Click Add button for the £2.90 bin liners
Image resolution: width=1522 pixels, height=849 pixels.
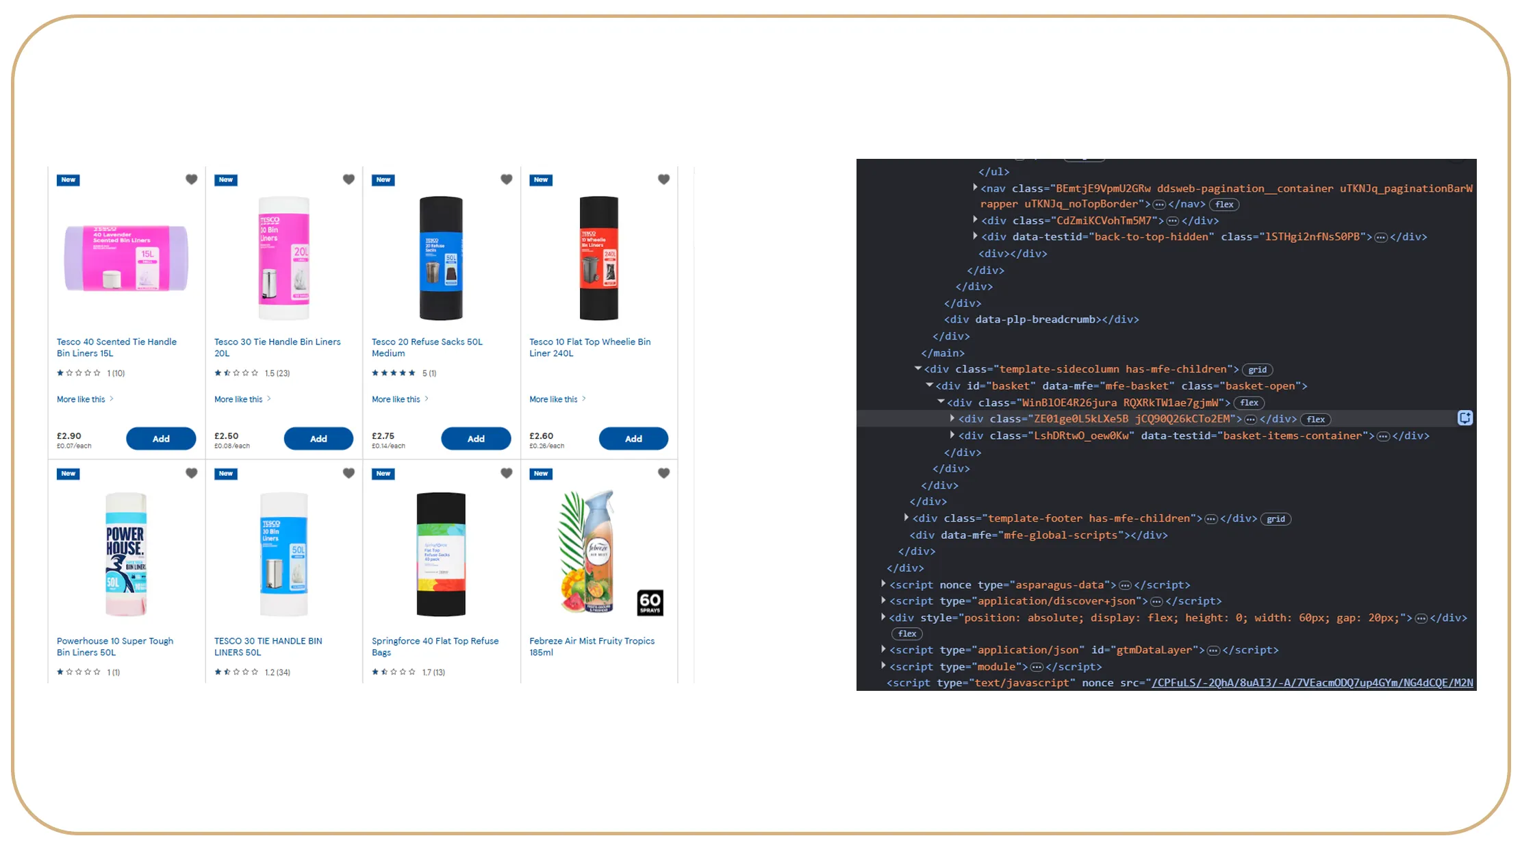click(x=161, y=438)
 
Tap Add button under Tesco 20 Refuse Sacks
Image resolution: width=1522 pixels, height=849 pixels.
click(x=476, y=438)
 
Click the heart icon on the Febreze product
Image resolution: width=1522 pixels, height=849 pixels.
click(x=663, y=473)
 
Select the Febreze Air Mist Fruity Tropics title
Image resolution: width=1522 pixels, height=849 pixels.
click(x=592, y=641)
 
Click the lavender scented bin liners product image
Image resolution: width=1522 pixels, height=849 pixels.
click(x=126, y=259)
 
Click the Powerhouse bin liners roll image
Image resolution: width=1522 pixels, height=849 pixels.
click(x=126, y=553)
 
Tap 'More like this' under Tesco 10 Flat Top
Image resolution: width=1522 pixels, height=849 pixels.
click(x=553, y=399)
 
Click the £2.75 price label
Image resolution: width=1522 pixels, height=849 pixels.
click(x=383, y=435)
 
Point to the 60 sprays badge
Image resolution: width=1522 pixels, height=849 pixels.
click(x=650, y=603)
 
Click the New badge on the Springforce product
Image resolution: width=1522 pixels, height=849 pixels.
click(x=383, y=474)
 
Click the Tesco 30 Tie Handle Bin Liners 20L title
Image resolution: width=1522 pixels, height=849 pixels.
click(x=277, y=347)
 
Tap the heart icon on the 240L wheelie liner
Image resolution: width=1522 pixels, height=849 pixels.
click(x=663, y=179)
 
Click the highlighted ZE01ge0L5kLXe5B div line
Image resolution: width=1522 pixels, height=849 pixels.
click(x=1099, y=419)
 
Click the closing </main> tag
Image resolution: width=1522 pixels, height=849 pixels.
click(x=942, y=353)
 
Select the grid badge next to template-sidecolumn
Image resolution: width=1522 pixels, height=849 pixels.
click(x=1257, y=370)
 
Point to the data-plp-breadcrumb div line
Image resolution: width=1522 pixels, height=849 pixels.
click(x=1041, y=320)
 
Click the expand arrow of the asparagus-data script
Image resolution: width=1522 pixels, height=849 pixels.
click(x=883, y=584)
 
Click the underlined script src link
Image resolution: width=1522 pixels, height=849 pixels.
click(x=1311, y=683)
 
